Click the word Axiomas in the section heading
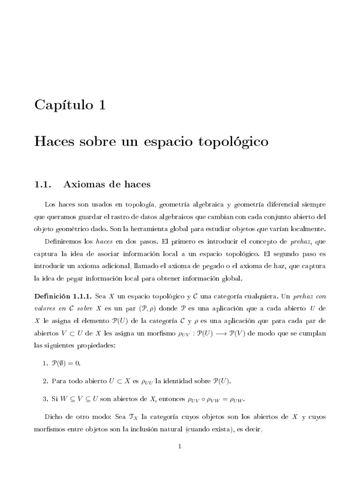click(84, 184)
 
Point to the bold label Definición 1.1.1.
click(63, 295)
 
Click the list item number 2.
click(45, 380)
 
